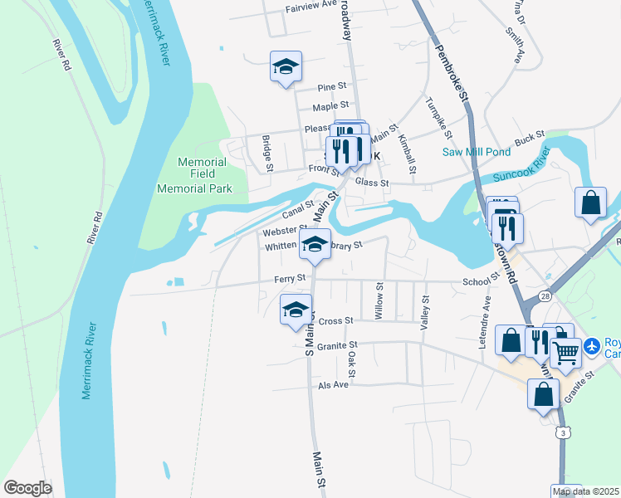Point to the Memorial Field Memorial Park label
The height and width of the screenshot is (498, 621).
tap(195, 175)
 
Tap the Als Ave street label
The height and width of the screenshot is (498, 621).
tap(335, 386)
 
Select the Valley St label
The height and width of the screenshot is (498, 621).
tap(424, 315)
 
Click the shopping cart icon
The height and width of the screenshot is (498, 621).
tap(565, 352)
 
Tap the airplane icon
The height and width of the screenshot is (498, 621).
tap(592, 344)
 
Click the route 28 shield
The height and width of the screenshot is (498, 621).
tap(545, 295)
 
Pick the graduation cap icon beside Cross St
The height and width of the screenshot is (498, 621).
tap(296, 310)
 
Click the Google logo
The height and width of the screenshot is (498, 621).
tap(28, 488)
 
